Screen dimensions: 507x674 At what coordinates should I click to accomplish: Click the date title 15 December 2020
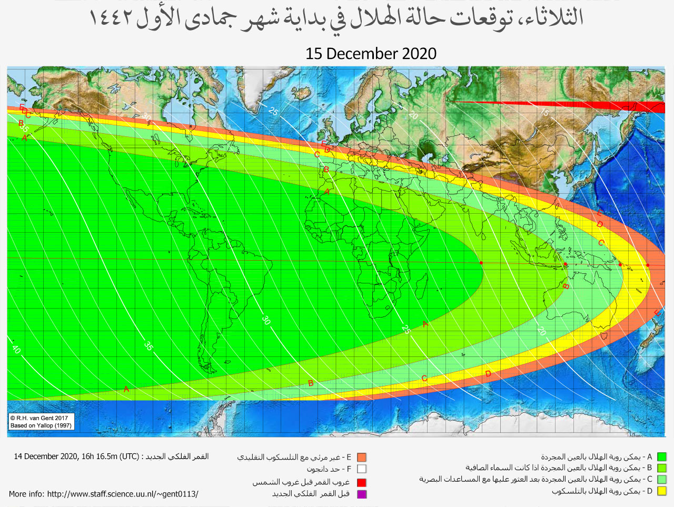click(x=371, y=54)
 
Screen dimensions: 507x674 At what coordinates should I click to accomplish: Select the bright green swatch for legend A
click(x=661, y=457)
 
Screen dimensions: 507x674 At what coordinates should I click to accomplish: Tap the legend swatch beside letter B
click(x=661, y=468)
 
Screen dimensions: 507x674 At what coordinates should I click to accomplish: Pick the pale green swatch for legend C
click(x=661, y=480)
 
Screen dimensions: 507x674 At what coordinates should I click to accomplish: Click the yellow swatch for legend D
click(x=661, y=491)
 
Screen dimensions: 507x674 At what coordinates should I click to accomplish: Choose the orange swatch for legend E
click(x=361, y=458)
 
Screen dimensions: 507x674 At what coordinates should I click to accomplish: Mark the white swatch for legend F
click(x=361, y=469)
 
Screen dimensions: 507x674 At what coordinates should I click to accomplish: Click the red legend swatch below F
click(x=361, y=482)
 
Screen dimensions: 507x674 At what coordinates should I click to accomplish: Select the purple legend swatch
click(x=361, y=494)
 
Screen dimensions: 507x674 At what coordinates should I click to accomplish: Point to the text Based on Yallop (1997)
click(x=41, y=425)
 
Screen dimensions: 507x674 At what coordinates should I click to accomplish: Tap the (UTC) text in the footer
click(x=129, y=456)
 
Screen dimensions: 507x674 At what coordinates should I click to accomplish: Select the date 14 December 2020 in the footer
click(x=46, y=456)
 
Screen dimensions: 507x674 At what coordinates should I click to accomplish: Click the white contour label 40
click(x=16, y=349)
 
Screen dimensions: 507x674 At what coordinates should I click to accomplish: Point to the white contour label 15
click(x=544, y=112)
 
